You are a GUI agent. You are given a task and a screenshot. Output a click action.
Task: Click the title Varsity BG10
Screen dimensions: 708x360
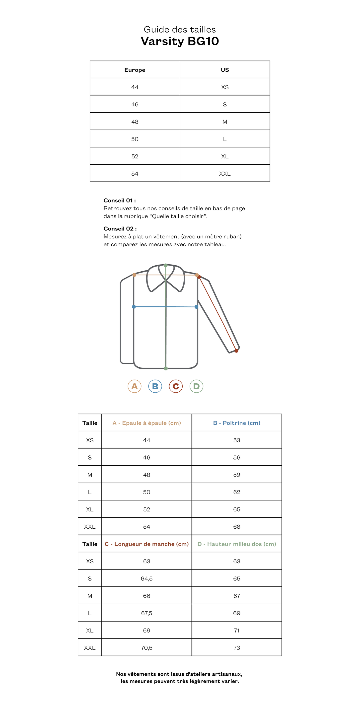point(180,41)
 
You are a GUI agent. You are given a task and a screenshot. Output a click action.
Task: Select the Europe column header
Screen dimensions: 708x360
point(135,70)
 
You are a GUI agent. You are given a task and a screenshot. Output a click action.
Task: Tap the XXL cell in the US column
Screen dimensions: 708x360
point(224,173)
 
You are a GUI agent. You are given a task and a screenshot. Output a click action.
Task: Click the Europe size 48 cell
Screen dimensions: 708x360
point(135,122)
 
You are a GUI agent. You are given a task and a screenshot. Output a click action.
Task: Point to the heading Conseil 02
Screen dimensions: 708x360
point(120,229)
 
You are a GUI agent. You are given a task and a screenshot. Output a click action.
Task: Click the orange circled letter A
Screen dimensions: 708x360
point(134,386)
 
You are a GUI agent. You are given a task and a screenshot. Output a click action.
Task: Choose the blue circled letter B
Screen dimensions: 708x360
point(155,386)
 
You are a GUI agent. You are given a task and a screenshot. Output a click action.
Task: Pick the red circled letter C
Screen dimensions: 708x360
point(176,386)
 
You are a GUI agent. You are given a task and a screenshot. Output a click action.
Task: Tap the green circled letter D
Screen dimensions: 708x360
point(196,386)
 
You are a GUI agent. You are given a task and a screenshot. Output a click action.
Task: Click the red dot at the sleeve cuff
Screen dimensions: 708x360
point(236,351)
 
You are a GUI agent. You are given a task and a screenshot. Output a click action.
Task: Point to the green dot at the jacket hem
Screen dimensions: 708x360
point(166,368)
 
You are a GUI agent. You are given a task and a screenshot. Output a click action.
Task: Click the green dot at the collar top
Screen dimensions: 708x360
point(166,266)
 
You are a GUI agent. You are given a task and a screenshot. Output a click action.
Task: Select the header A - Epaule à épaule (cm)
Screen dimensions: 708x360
point(146,423)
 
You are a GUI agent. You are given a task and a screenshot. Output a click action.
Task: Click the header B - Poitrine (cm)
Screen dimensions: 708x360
point(237,423)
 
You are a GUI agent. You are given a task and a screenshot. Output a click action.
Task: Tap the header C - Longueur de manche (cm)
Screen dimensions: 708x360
point(146,544)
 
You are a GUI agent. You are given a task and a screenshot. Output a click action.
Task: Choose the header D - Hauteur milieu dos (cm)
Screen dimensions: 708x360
point(237,544)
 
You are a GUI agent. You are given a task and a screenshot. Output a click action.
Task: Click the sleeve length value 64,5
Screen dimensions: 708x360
point(146,578)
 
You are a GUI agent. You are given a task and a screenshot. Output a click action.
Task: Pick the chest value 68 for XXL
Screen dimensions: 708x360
point(237,527)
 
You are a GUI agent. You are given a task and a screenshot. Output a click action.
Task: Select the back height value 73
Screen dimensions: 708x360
point(237,648)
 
